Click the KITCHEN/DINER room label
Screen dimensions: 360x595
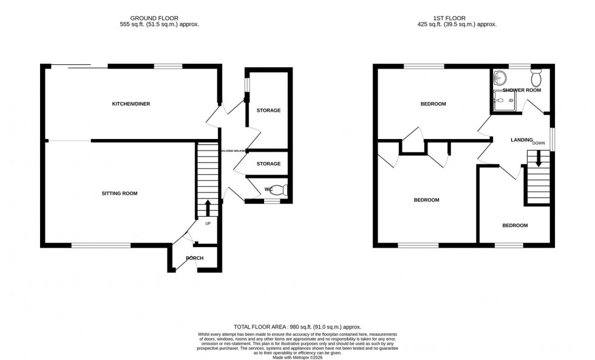click(x=131, y=104)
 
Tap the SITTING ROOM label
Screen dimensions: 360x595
click(x=119, y=194)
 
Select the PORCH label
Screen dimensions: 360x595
click(x=194, y=259)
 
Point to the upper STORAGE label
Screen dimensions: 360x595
click(x=268, y=110)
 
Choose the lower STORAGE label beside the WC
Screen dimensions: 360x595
click(x=268, y=164)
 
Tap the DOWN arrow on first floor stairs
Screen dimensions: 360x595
click(x=538, y=160)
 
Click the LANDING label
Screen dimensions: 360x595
click(x=521, y=140)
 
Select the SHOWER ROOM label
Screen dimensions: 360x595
click(x=522, y=90)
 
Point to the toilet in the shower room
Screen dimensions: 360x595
click(x=536, y=78)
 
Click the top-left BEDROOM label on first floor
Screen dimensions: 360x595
click(x=433, y=104)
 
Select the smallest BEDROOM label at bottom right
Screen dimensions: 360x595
click(x=514, y=225)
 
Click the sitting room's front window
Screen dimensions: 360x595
click(x=101, y=245)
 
